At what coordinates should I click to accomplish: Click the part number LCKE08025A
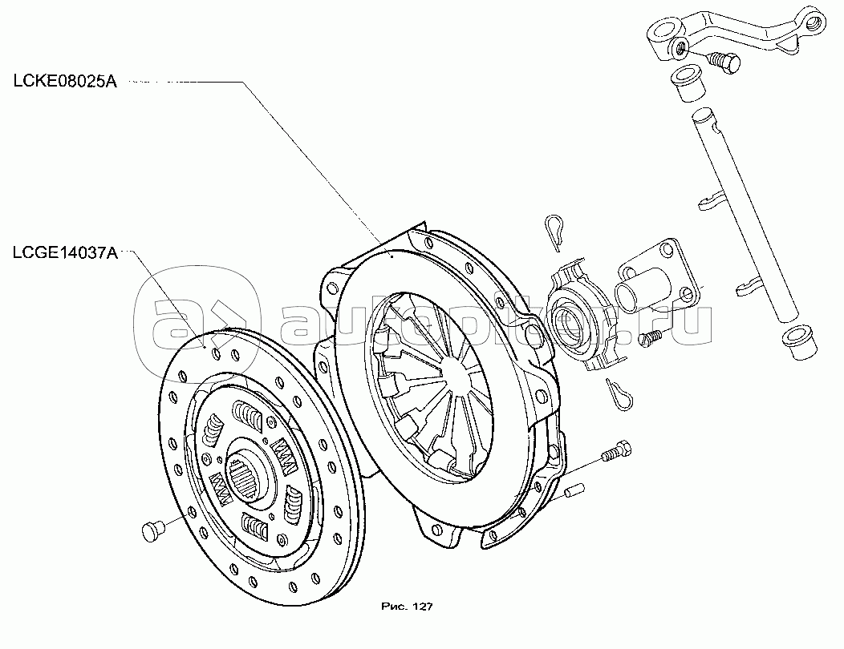(64, 82)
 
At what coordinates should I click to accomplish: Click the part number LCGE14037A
(65, 254)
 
